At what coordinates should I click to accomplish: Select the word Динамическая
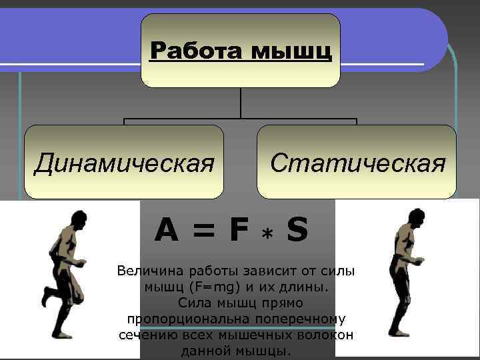124,162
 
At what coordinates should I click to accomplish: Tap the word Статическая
357,162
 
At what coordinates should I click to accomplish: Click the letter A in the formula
166,231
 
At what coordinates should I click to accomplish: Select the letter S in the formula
297,231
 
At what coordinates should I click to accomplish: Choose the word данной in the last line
201,351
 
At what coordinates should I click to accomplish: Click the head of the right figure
417,219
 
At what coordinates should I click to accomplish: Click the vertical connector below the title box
240,104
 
